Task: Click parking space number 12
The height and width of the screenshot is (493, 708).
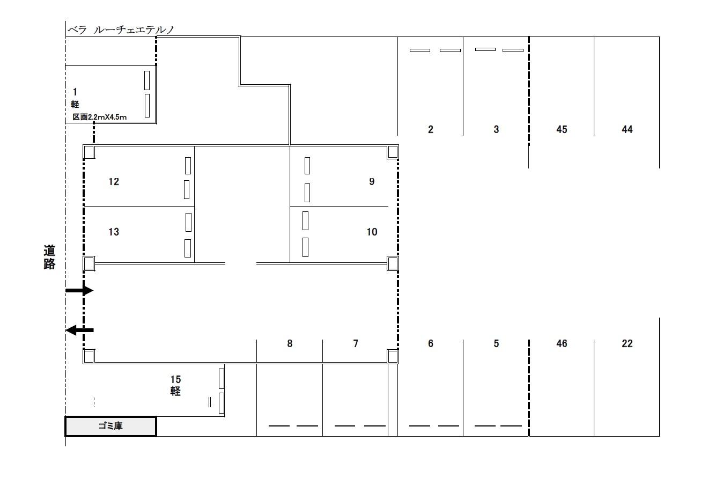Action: point(114,182)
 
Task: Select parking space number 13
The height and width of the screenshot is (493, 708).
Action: point(114,232)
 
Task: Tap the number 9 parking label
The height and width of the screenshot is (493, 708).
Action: point(372,181)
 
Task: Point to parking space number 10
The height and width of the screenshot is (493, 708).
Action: point(372,232)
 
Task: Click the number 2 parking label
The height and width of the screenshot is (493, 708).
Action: point(431,129)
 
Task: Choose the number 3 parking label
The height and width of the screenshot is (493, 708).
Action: point(496,129)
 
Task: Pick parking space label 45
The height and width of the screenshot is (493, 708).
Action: point(562,129)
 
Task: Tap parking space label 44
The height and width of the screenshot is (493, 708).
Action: point(627,129)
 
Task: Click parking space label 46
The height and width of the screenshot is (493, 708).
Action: point(562,343)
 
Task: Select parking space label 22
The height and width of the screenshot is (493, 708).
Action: point(627,343)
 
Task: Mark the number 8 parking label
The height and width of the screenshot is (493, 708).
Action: point(290,343)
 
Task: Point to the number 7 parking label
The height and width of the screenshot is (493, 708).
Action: point(356,343)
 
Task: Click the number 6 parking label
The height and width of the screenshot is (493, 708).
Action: point(431,343)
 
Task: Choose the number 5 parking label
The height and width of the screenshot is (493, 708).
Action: point(496,343)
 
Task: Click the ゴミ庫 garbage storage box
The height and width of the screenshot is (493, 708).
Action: point(110,426)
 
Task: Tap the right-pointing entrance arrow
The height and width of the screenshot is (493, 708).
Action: point(79,290)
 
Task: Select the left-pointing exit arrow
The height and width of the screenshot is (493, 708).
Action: point(79,330)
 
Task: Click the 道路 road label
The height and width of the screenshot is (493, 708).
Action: point(49,257)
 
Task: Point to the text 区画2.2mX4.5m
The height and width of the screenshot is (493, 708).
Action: point(100,117)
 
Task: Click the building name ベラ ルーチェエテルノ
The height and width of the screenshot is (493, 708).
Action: point(121,30)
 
